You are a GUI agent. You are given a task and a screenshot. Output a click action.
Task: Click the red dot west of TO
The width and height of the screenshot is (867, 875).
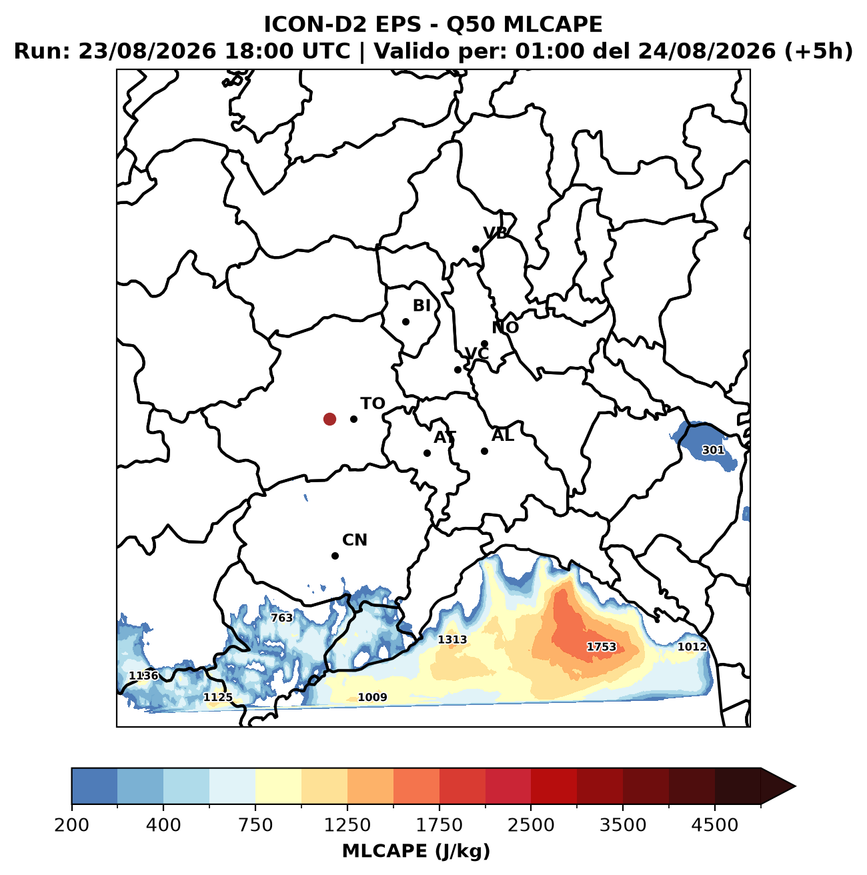pos(329,419)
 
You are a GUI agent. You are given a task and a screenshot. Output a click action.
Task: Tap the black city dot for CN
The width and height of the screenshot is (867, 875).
pos(335,556)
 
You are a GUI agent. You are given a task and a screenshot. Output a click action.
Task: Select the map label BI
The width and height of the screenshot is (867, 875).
pos(421,305)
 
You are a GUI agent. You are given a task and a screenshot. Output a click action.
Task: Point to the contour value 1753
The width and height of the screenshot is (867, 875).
pos(602,647)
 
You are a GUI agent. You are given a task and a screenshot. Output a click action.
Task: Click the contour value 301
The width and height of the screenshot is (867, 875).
pos(713,450)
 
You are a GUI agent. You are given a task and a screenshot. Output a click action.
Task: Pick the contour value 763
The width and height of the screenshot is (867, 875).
pos(281,618)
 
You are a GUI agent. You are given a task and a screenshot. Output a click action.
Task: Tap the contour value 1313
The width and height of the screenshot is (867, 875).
pos(452,640)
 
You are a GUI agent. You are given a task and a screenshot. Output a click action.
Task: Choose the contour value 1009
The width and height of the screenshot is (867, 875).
pos(372,697)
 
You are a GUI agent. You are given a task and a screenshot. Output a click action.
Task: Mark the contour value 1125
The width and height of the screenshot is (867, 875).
pos(218,697)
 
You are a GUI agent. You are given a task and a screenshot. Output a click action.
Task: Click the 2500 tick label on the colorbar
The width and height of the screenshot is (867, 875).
pos(531,824)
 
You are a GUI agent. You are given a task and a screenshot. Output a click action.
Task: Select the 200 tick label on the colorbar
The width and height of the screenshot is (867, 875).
pos(72,824)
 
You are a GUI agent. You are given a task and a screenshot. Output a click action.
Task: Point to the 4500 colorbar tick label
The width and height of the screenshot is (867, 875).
pos(715,824)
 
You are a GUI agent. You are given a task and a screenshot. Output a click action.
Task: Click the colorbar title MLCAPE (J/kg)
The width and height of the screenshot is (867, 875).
pos(416,852)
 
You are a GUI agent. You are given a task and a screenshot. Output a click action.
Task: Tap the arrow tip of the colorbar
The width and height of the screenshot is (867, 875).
pos(795,786)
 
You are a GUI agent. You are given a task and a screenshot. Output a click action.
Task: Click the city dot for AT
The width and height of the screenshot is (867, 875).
pos(427,453)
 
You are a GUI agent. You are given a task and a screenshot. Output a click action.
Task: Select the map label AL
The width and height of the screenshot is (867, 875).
pos(502,435)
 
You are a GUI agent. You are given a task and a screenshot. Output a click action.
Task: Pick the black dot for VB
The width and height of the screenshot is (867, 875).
pos(476,249)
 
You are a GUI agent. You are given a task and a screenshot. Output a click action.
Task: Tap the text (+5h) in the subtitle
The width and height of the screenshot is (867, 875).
pos(818,51)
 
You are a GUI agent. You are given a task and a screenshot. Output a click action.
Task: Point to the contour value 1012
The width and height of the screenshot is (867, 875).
pos(692,647)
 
